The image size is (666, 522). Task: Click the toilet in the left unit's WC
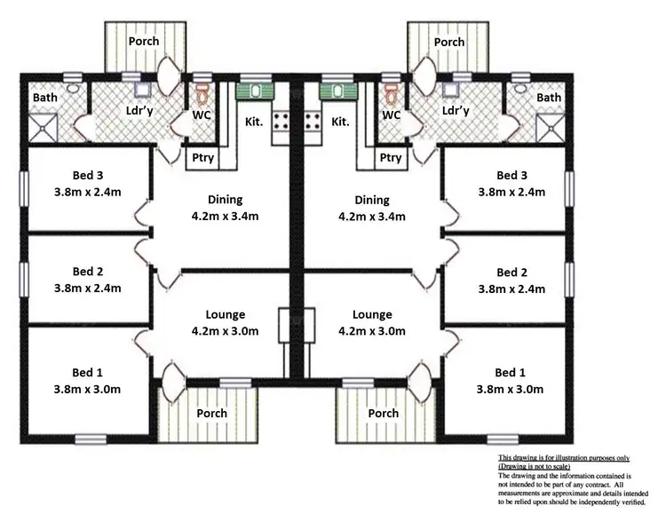click(x=202, y=91)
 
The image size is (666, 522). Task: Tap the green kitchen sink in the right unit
click(x=337, y=90)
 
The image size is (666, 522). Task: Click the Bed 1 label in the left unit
click(x=87, y=372)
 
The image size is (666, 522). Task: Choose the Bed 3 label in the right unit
click(x=511, y=175)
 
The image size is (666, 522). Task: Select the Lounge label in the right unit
click(x=372, y=315)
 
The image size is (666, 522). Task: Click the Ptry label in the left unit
click(x=203, y=158)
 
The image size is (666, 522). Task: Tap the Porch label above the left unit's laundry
click(x=143, y=42)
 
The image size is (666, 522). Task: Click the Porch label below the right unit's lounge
click(x=383, y=414)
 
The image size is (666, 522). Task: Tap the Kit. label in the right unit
click(x=339, y=122)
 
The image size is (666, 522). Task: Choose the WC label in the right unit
click(x=391, y=115)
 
